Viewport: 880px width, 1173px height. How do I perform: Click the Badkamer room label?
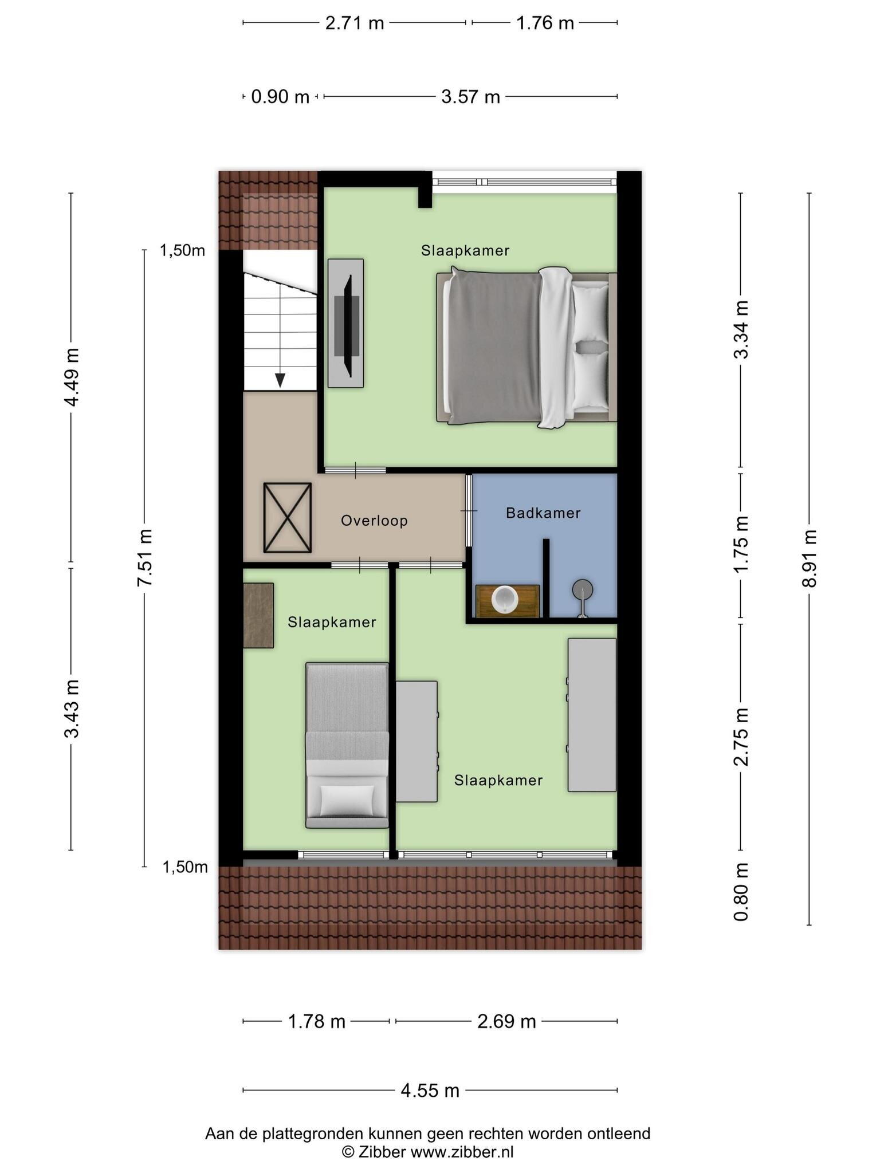click(x=543, y=513)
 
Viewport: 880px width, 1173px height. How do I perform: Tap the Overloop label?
click(x=374, y=521)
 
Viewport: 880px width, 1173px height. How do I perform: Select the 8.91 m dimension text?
click(x=809, y=558)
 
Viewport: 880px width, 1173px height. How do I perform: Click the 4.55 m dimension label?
click(x=430, y=1090)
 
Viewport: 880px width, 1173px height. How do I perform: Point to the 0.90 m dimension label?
click(x=280, y=97)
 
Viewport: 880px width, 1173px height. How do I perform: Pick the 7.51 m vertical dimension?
click(x=144, y=557)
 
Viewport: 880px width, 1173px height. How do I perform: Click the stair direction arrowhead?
click(x=280, y=380)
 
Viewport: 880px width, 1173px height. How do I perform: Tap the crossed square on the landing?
click(x=288, y=518)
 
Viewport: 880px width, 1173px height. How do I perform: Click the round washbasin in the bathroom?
click(x=504, y=599)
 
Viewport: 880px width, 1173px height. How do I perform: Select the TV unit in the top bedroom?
click(x=345, y=323)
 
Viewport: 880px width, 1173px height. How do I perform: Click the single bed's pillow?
click(x=347, y=800)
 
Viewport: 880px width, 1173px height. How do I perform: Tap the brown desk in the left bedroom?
click(x=258, y=615)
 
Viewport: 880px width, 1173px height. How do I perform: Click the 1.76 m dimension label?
click(x=545, y=23)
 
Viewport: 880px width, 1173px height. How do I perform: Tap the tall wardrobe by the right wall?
click(x=592, y=715)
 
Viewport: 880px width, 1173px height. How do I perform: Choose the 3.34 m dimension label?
click(x=741, y=329)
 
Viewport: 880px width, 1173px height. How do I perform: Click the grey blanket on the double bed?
click(x=494, y=347)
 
